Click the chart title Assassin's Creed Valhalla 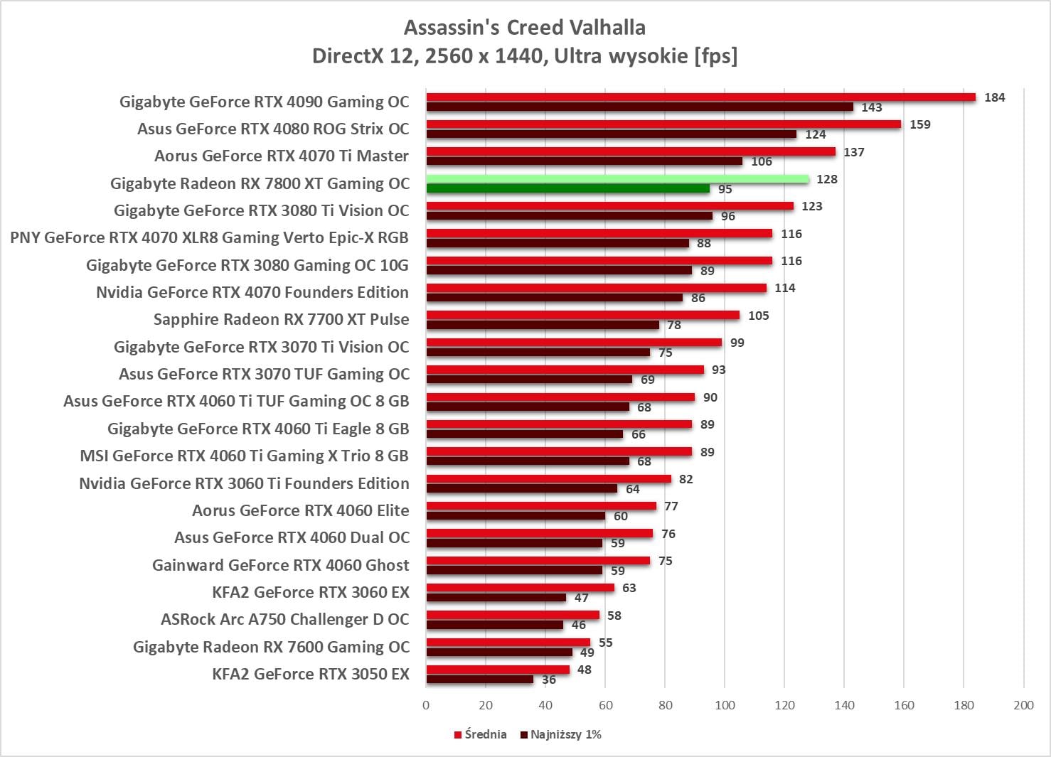tap(525, 28)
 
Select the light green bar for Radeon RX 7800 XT tap(617, 179)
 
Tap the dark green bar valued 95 tap(567, 189)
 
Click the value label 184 tap(994, 97)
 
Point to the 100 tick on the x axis tap(725, 705)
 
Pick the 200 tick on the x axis tap(1023, 705)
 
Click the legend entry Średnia tap(481, 734)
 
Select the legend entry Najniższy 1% tap(561, 734)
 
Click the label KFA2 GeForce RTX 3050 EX tap(311, 674)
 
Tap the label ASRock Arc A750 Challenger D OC tap(285, 619)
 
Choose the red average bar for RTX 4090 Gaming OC tap(700, 97)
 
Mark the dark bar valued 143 tap(639, 107)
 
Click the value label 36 tap(549, 680)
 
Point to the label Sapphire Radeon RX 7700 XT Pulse tap(282, 319)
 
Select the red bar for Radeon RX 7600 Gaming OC tap(508, 643)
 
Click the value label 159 tap(919, 124)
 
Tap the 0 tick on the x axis tap(426, 705)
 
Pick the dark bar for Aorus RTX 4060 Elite tap(516, 516)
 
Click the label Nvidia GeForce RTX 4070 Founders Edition tap(252, 292)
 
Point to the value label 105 tap(758, 316)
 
